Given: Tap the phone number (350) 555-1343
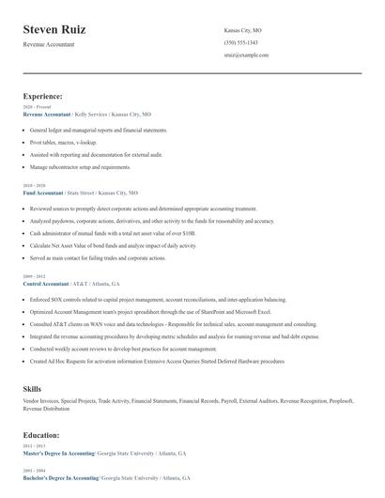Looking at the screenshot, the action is tap(241, 42).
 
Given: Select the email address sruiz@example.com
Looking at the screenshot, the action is tap(246, 54).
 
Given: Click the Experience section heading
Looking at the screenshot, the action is tap(42, 96).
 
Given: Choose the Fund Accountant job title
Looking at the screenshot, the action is tap(42, 193).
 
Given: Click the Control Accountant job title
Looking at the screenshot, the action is tap(45, 283).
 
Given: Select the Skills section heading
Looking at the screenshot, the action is tap(32, 388).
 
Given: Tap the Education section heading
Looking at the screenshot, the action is tap(41, 436).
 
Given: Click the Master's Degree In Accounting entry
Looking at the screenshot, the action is tap(60, 453).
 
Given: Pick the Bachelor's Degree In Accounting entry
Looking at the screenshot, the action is tap(60, 477).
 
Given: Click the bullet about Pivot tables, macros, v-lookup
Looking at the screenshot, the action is tap(63, 142).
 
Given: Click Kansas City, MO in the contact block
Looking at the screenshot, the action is tap(242, 30).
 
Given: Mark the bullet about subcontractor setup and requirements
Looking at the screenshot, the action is tap(80, 166).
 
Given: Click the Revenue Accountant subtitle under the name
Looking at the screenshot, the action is tap(49, 44).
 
